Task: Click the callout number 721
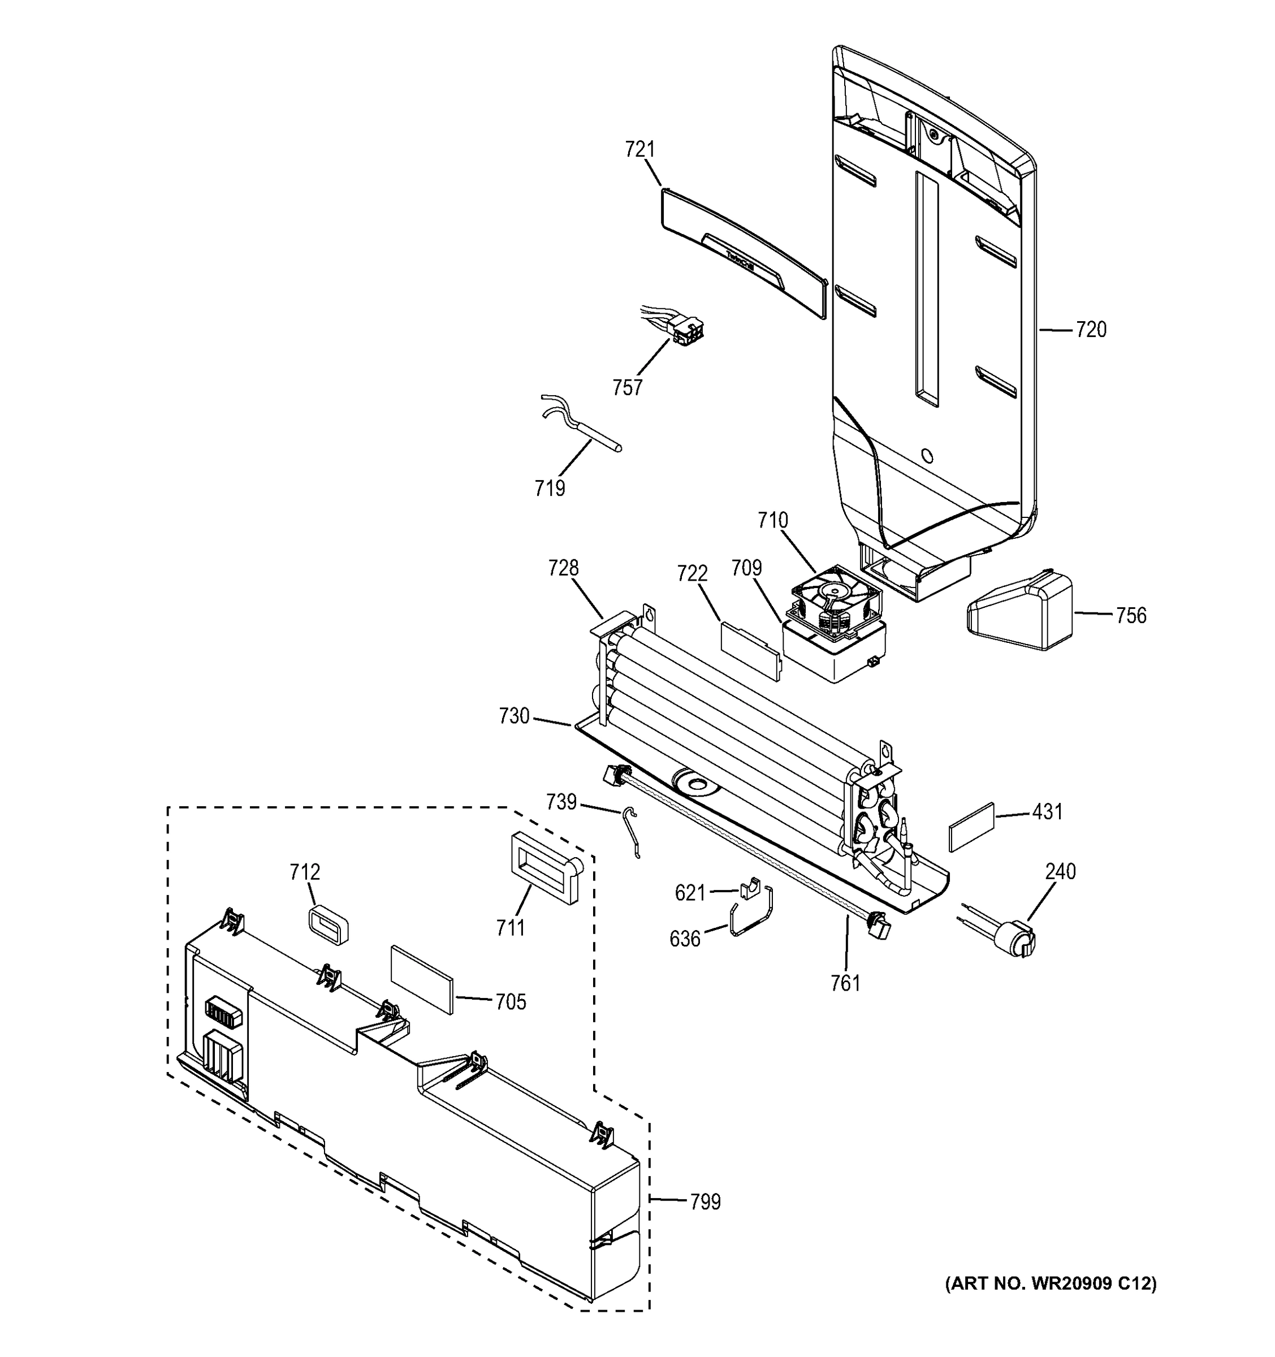pos(639,149)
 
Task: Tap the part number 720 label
pos(1091,330)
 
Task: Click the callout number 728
pos(563,568)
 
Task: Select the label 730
pos(514,716)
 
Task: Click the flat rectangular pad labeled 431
pos(971,827)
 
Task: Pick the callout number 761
pos(845,983)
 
